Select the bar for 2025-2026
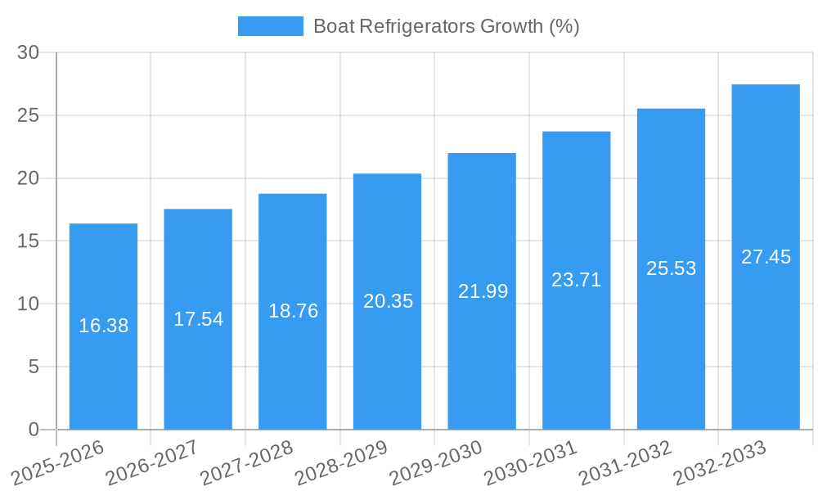pos(103,368)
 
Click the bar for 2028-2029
pos(387,368)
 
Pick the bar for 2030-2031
pos(576,360)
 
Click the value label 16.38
pos(103,326)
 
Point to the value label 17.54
pos(198,319)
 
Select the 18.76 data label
pos(293,311)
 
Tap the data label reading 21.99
pos(483,291)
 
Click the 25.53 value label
pos(671,268)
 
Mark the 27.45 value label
pos(766,257)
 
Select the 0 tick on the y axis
pos(34,430)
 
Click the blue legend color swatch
pos(270,26)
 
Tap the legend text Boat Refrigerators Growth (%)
pos(446,26)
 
